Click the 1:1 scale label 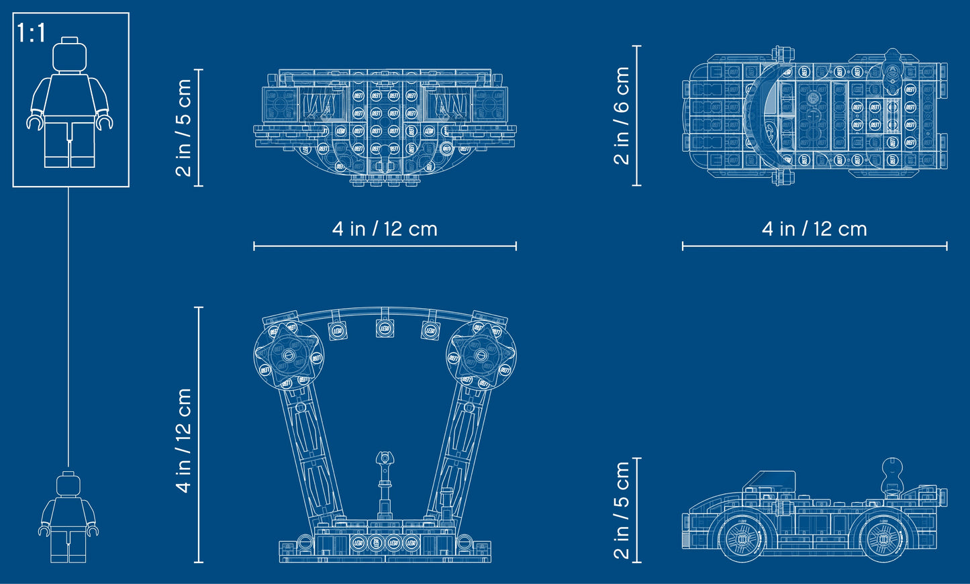(x=31, y=32)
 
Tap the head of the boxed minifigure (x=70, y=55)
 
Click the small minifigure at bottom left (x=68, y=516)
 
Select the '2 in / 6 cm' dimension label (x=622, y=115)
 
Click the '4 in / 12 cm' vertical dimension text (x=183, y=440)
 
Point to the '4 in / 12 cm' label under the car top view (x=814, y=230)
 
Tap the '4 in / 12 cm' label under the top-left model (x=385, y=230)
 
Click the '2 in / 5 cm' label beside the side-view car (x=622, y=509)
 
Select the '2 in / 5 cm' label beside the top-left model (x=183, y=128)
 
